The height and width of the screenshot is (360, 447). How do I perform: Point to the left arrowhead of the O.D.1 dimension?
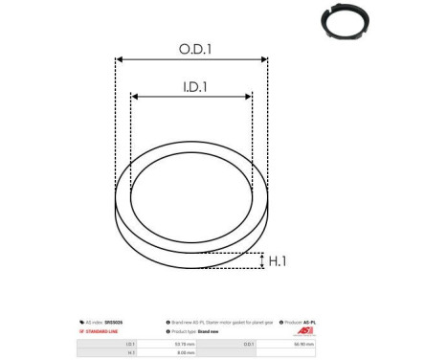coord(119,60)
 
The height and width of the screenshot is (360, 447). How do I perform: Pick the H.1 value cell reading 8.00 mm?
coord(181,351)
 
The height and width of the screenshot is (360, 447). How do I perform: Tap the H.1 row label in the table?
coord(130,351)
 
